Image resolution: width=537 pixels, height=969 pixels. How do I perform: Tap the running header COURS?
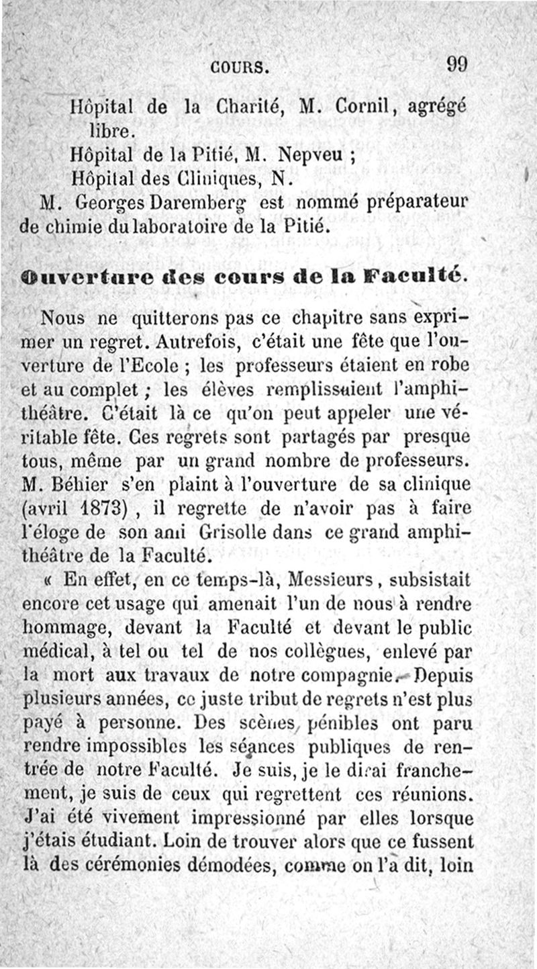point(239,67)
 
